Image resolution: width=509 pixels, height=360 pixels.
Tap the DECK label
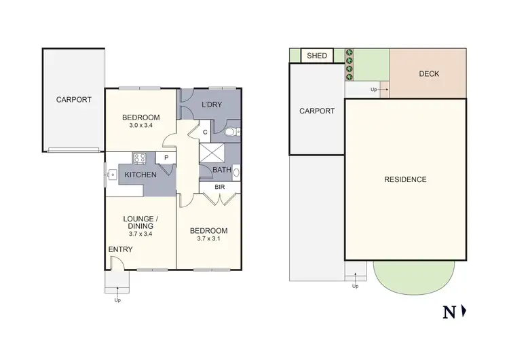click(428, 74)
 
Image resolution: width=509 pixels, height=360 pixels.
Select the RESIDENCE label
click(405, 179)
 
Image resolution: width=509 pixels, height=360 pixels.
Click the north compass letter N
click(449, 312)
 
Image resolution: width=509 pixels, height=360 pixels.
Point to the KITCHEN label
click(140, 175)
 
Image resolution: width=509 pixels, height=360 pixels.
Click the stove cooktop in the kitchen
click(140, 158)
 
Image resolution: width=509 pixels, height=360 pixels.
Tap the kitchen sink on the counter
click(110, 175)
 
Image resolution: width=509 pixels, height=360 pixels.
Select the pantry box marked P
click(166, 158)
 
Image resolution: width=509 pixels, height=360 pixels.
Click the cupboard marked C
click(205, 132)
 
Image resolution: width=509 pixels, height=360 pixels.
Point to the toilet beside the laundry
click(230, 132)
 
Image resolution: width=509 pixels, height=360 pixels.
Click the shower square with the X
click(211, 153)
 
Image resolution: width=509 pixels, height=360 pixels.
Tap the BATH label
click(221, 170)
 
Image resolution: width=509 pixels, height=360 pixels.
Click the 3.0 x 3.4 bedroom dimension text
click(141, 125)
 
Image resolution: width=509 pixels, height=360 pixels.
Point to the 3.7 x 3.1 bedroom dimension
click(208, 238)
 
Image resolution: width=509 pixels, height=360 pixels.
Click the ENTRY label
click(120, 249)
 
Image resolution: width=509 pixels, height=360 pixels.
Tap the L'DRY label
click(211, 104)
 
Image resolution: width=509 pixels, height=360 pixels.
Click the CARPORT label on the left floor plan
click(73, 99)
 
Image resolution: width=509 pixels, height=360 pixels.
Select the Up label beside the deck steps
click(373, 89)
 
